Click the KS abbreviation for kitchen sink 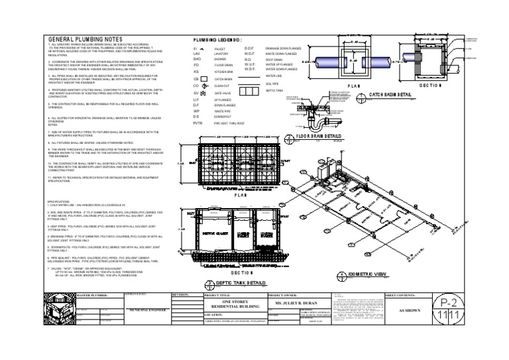[196, 72]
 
